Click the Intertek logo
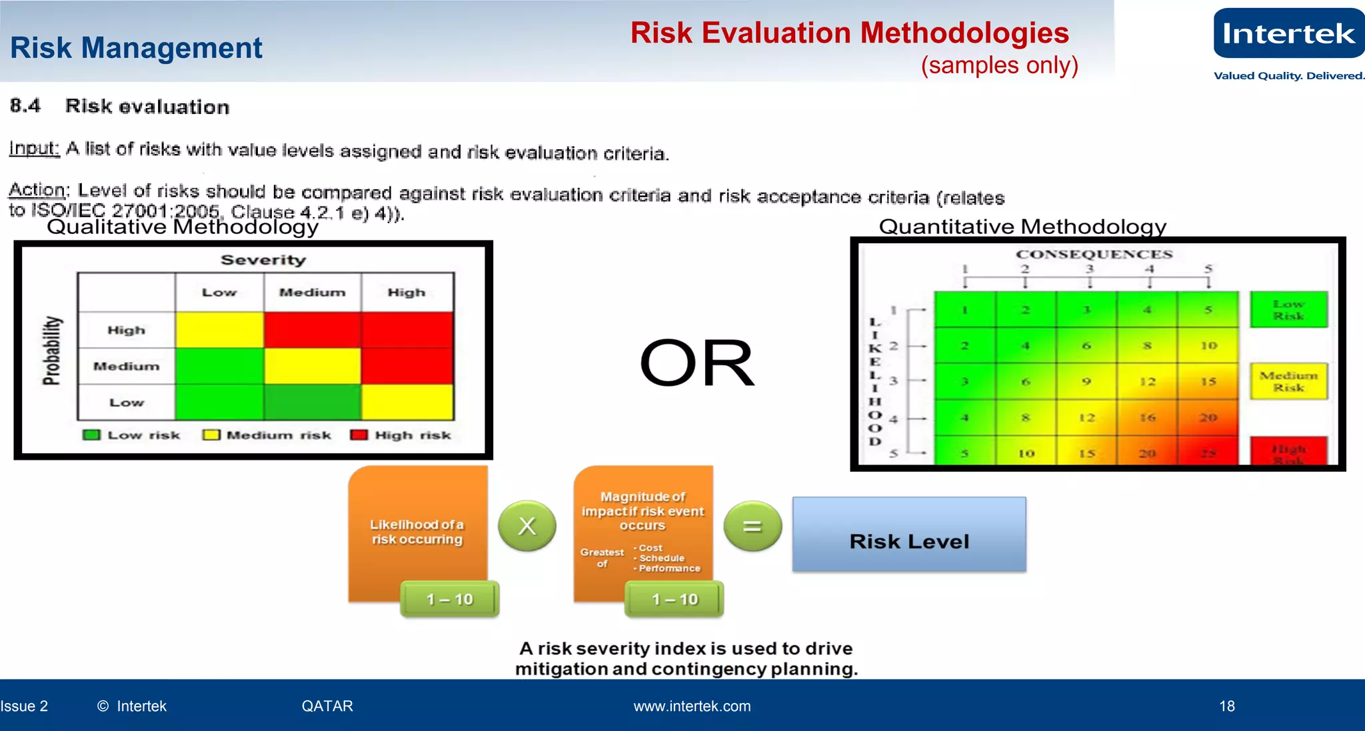pos(1288,34)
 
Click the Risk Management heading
pos(136,48)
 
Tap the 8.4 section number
pos(25,105)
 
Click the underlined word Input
pos(34,148)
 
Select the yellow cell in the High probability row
pos(219,330)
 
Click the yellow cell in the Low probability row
pos(407,402)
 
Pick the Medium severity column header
pos(312,293)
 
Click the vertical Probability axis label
pos(51,351)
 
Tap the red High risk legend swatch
pos(359,435)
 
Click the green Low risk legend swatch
pos(91,435)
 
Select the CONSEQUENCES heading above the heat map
pos(1094,254)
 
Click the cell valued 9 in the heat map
pos(1086,382)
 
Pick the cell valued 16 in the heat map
pos(1147,418)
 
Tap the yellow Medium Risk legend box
pos(1288,381)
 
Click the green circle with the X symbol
pos(527,526)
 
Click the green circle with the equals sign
pos(752,526)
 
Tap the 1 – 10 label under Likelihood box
pos(450,599)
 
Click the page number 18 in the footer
pos(1226,706)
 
